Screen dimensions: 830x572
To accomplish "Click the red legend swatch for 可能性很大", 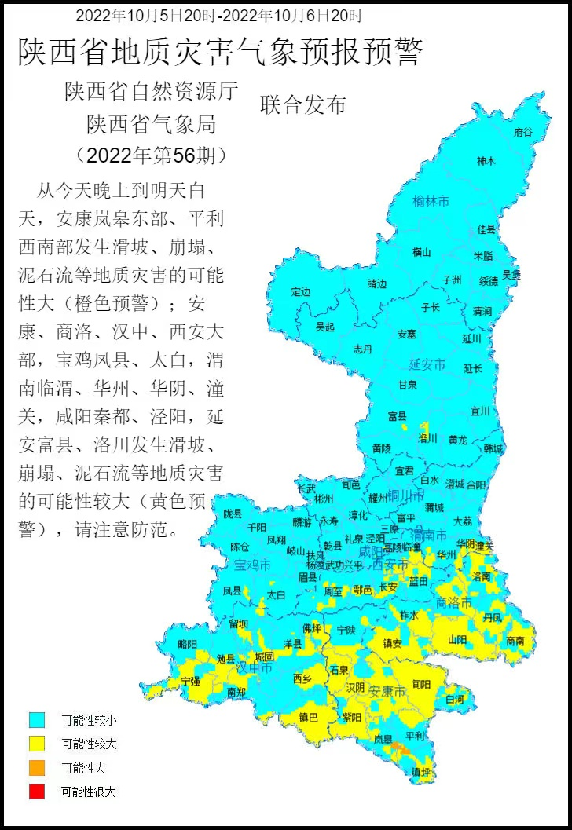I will (x=37, y=792).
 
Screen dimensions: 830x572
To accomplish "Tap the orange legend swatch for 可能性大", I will (x=37, y=768).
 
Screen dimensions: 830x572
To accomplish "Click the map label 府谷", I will (x=522, y=133).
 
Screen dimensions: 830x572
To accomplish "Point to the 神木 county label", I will (x=486, y=162).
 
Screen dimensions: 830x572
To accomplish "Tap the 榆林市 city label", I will (x=431, y=202).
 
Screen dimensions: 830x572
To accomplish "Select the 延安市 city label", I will (x=427, y=365).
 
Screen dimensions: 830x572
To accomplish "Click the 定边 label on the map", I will (x=301, y=292).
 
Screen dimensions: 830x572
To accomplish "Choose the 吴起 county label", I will (x=324, y=327).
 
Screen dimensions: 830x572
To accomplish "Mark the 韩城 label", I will (x=493, y=448).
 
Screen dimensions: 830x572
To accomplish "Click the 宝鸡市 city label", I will (x=252, y=565).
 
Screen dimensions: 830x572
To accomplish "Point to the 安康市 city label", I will (x=387, y=692).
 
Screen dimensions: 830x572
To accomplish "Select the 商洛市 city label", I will (x=453, y=603).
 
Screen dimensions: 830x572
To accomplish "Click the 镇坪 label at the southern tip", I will (x=421, y=772).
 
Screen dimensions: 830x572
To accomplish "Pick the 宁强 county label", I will (x=190, y=681).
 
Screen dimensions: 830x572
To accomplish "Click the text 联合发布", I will (x=302, y=105).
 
